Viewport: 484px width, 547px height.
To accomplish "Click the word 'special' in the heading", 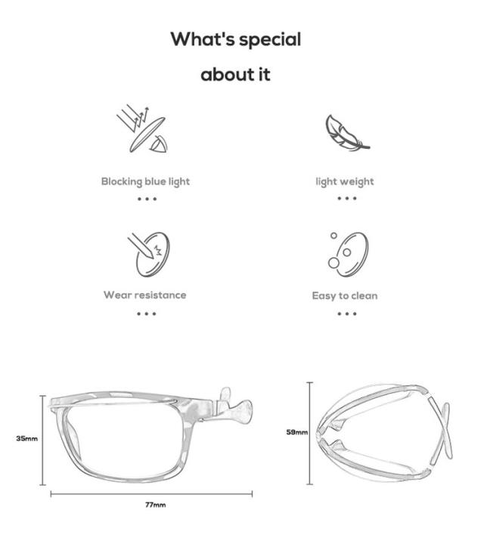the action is pyautogui.click(x=270, y=40).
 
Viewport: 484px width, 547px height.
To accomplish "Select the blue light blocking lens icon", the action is pyautogui.click(x=142, y=128).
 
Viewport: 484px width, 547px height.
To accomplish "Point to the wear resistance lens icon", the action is pyautogui.click(x=149, y=255).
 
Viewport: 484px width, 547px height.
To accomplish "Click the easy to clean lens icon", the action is pyautogui.click(x=348, y=255).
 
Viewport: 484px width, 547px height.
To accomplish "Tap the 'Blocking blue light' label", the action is pyautogui.click(x=145, y=182).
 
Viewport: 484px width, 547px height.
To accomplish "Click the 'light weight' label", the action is pyautogui.click(x=345, y=182).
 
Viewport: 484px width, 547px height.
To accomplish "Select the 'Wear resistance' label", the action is pyautogui.click(x=145, y=295).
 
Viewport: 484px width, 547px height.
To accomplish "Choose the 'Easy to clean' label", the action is pyautogui.click(x=345, y=296).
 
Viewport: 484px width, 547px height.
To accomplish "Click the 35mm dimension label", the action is pyautogui.click(x=27, y=438).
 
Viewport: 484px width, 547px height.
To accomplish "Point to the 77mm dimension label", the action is pyautogui.click(x=156, y=505).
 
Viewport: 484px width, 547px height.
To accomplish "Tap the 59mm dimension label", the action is pyautogui.click(x=297, y=432).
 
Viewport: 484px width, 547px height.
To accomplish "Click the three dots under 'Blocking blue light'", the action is pyautogui.click(x=147, y=199).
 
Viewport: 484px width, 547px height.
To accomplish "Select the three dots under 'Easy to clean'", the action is pyautogui.click(x=347, y=314).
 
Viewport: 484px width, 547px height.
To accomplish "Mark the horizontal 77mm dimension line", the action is pyautogui.click(x=151, y=494).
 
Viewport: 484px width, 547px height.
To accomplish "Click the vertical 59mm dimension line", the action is pyautogui.click(x=310, y=433).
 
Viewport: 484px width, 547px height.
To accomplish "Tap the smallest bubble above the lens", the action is pyautogui.click(x=334, y=236).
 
